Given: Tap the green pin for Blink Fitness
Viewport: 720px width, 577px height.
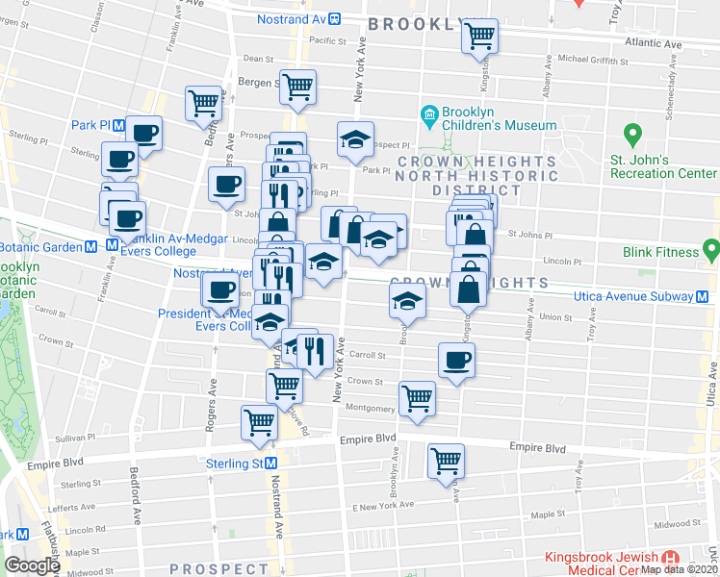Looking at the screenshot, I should (711, 251).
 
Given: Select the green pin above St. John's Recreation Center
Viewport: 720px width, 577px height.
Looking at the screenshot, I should (632, 135).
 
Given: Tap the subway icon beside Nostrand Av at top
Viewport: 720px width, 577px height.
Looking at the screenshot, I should (334, 18).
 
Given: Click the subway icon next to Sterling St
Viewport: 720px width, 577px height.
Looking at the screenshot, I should (272, 464).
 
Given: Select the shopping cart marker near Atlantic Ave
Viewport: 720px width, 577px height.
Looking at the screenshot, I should (479, 37).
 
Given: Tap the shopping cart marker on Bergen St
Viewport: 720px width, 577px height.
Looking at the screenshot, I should (297, 86).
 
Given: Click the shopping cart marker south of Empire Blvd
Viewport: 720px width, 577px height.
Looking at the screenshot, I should (447, 461).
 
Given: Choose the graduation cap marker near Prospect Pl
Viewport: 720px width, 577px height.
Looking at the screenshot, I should (355, 139).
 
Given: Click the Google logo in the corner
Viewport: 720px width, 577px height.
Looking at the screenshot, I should (31, 565).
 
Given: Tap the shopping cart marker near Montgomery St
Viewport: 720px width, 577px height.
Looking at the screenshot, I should (417, 397).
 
